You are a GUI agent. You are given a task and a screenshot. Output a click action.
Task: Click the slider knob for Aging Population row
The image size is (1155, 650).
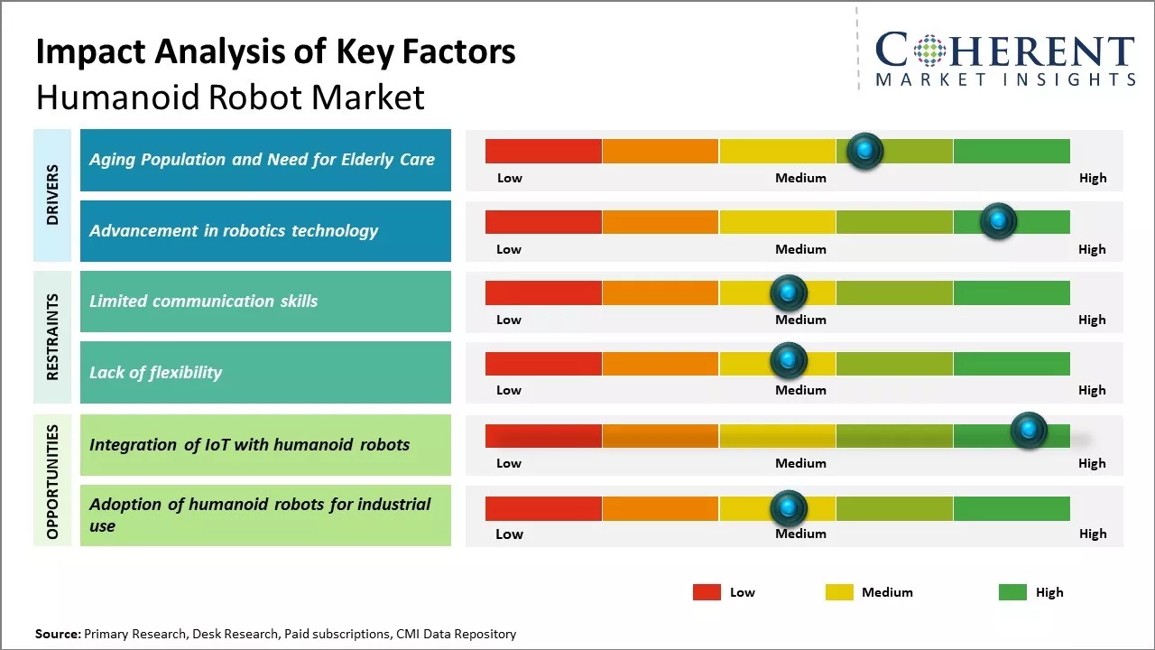coord(865,151)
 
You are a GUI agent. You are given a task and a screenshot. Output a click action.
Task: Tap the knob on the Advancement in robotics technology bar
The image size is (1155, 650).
coord(998,221)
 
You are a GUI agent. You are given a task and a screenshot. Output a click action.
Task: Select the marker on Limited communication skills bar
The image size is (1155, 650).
coord(788,292)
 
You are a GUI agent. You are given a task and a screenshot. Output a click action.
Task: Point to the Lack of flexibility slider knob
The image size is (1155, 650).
coord(788,361)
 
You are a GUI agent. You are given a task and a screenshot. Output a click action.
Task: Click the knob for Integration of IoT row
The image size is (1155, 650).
coord(1028,431)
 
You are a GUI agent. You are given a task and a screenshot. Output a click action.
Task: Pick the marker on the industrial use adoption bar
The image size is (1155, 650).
coord(788,508)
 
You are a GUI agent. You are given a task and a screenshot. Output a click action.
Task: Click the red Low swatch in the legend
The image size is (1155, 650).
coord(707,592)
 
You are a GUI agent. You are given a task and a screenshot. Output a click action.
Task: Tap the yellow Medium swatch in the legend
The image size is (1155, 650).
coord(839,592)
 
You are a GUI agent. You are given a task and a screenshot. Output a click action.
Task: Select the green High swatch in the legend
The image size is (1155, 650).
coord(1012,592)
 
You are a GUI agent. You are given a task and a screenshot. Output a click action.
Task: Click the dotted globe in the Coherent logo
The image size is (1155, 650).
coord(929,51)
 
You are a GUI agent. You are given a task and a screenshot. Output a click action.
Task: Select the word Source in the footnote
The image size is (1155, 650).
coord(57,634)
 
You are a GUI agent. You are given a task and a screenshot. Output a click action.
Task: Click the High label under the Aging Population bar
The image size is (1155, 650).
coord(1092,178)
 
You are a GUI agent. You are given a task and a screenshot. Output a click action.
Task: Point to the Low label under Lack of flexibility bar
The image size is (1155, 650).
coord(509,390)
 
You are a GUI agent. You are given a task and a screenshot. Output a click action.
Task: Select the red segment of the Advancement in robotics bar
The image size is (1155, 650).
coord(543,222)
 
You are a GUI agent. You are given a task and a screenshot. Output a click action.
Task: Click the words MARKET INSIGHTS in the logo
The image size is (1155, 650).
coord(1005,79)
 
